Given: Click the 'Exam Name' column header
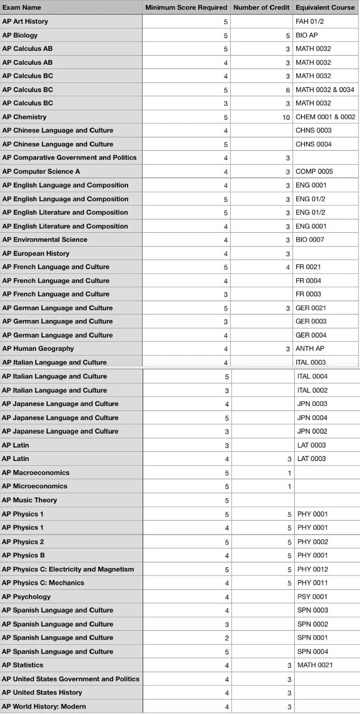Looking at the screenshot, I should (22, 8).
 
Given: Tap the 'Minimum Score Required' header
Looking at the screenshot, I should (186, 8).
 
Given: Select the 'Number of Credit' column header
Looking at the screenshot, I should (261, 8).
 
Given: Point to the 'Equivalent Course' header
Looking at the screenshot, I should (325, 8).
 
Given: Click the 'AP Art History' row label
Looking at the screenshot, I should (25, 22).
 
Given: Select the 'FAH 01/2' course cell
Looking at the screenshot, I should (310, 22).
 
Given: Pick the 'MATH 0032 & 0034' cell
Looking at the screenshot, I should (325, 90).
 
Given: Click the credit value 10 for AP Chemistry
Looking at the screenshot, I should (286, 117).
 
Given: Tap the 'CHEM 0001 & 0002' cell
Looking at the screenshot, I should (325, 117).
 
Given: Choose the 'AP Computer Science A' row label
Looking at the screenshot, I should (41, 172).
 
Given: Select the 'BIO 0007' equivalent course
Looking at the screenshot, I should (310, 240).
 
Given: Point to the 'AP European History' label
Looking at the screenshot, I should (36, 254).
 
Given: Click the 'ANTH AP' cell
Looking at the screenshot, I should (310, 349).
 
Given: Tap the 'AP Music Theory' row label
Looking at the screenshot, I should (30, 500).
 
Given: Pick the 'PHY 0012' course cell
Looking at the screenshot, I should (312, 569).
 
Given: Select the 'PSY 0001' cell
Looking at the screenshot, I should (312, 597).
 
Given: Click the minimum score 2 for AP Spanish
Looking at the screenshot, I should (227, 638).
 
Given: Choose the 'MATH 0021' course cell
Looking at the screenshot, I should (315, 665).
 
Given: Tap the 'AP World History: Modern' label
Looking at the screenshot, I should (44, 706).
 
